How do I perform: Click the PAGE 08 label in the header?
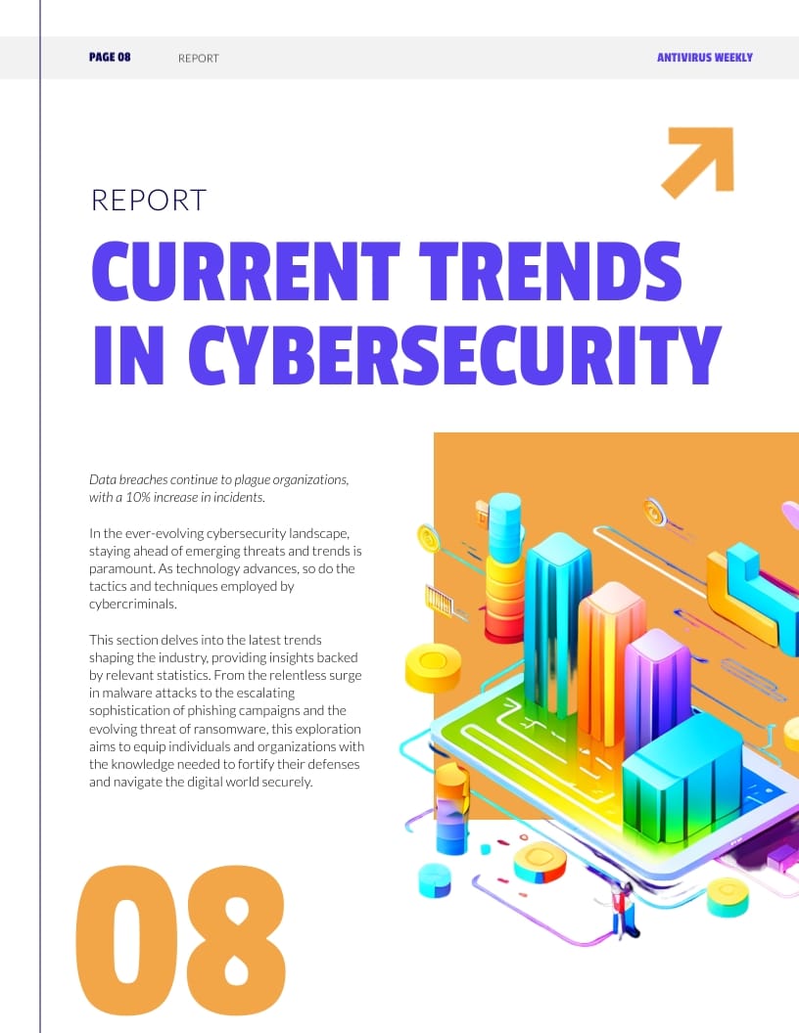coord(110,58)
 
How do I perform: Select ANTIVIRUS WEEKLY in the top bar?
coord(704,58)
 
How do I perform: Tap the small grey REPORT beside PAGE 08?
coord(199,59)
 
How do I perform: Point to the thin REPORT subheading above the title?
coord(149,200)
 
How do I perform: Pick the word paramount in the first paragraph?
coord(121,568)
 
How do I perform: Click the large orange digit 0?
coord(128,940)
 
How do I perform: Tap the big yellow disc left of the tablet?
coord(432,667)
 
